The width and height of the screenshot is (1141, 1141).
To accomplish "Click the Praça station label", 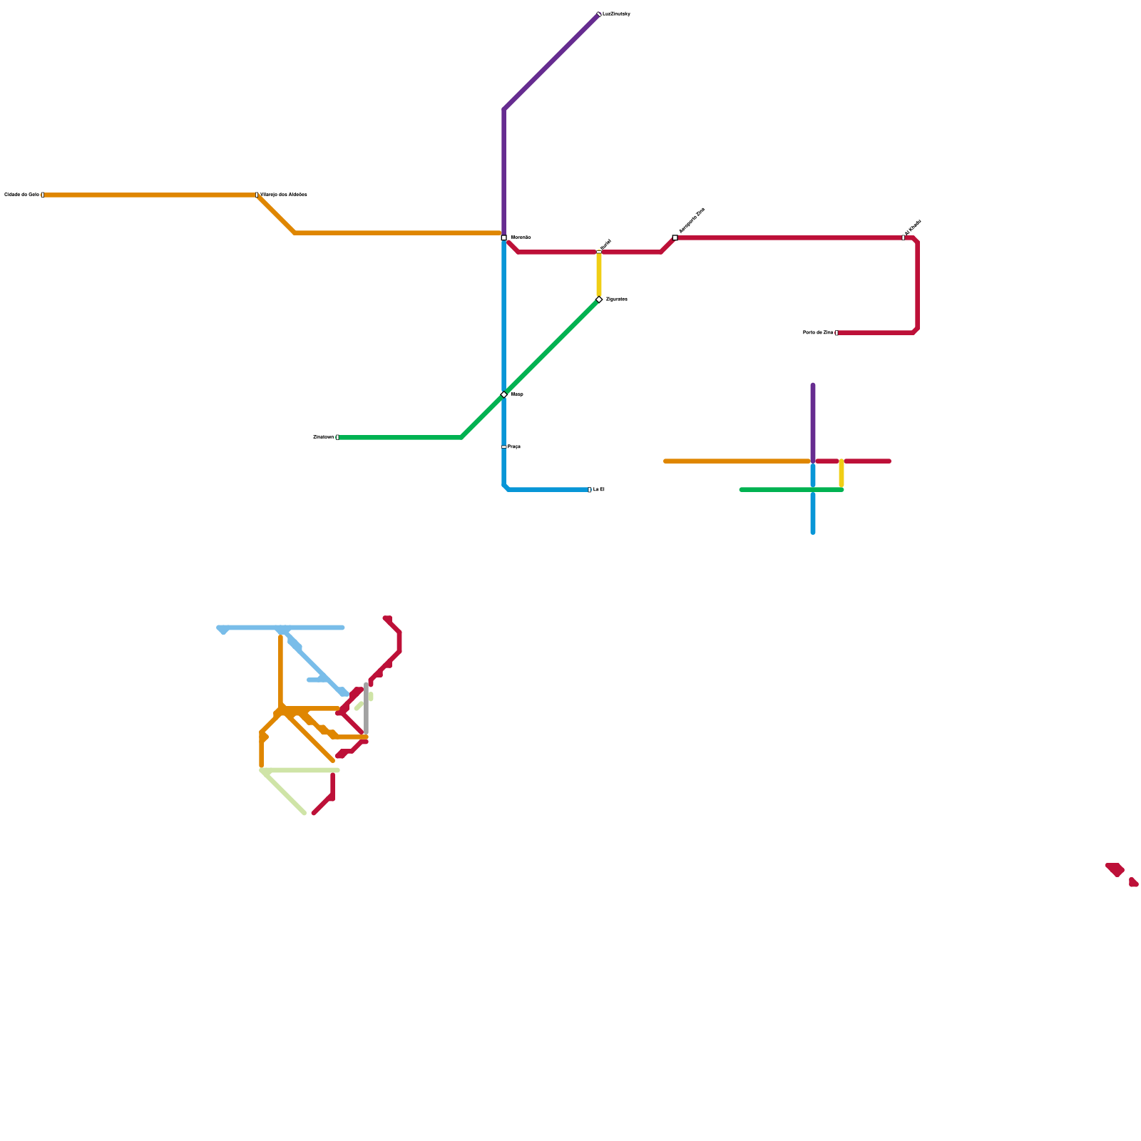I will point(514,447).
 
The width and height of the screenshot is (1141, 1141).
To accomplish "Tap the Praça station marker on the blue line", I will point(504,447).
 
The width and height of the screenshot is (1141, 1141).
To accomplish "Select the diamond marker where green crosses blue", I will point(504,394).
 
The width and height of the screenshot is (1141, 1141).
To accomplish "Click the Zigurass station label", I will point(616,300).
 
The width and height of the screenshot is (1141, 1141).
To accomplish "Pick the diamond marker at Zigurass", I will point(599,300).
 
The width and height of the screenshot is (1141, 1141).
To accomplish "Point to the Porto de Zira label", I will point(818,333).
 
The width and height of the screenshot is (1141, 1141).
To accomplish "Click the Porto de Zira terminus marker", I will point(836,333).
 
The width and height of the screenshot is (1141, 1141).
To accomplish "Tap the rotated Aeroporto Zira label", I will point(692,220).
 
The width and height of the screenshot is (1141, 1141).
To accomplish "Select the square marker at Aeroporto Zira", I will point(675,237).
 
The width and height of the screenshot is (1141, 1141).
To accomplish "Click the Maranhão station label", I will point(521,237).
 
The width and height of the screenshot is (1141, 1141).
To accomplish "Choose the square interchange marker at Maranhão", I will point(504,237).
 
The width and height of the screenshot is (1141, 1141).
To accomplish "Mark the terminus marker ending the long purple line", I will point(599,14).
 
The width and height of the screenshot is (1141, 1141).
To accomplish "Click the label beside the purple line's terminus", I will point(616,14).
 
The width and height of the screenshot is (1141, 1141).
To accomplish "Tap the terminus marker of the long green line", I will point(337,437).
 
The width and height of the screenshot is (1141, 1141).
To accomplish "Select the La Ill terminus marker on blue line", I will point(589,490).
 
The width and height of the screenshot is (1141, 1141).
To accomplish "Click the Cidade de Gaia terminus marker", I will point(43,195).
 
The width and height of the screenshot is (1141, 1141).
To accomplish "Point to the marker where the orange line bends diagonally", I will point(257,195).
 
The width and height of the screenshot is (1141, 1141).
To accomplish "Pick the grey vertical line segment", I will point(367,710).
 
